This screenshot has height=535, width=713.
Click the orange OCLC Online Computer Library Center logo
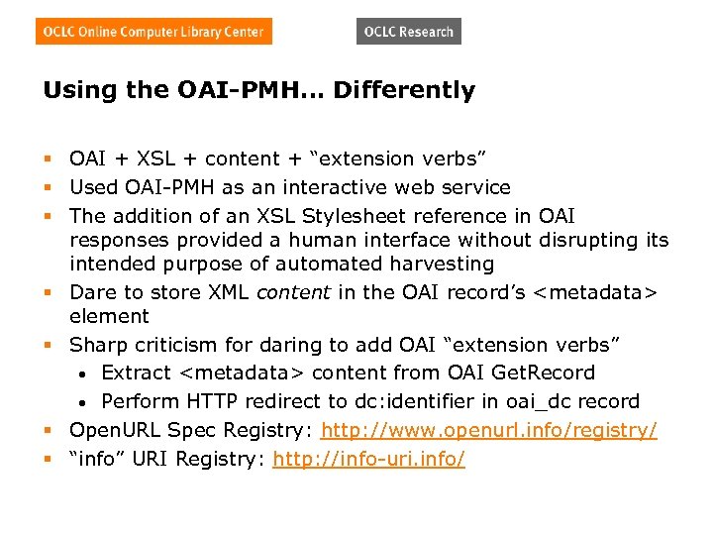(154, 32)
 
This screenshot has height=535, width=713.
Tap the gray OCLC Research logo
(408, 32)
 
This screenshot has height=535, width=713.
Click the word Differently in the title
(404, 91)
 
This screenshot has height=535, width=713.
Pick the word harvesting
(443, 264)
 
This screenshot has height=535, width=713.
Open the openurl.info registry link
(489, 431)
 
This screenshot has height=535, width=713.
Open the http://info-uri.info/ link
(368, 459)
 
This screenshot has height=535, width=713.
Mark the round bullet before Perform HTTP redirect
(87, 402)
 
